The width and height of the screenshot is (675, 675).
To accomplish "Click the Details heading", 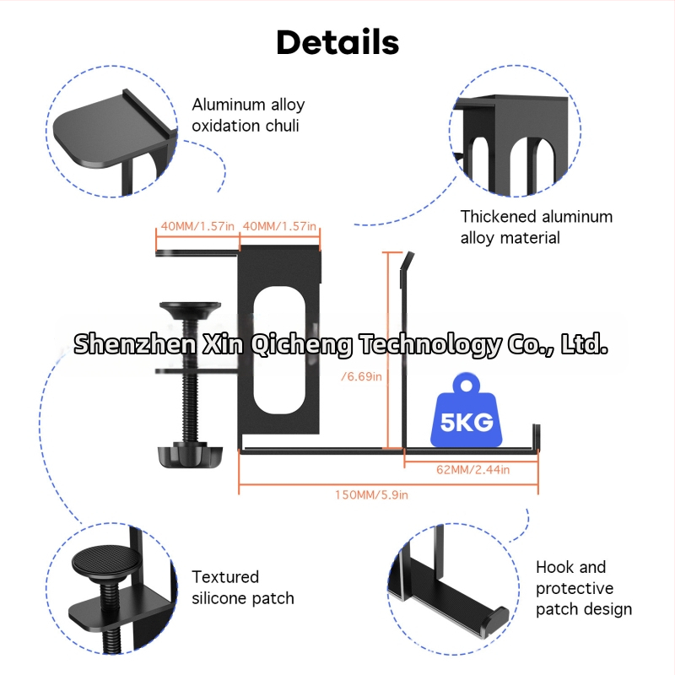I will tap(337, 41).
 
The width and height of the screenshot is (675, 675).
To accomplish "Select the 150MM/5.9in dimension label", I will tap(371, 494).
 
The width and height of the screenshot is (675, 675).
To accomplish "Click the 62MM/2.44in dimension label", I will tap(472, 469).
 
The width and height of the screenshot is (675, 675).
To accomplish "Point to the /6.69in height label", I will tap(361, 376).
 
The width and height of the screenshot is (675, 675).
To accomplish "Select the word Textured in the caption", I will tap(225, 577).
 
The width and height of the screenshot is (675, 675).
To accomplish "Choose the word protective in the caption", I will tap(575, 588).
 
